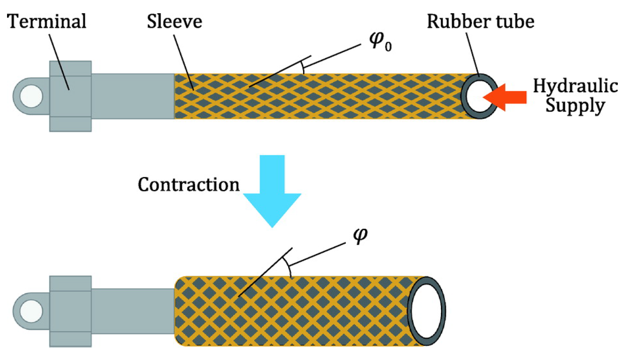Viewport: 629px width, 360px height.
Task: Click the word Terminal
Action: pos(46,22)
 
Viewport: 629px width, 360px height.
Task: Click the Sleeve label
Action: pos(174,22)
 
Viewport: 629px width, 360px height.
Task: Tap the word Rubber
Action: pos(454,22)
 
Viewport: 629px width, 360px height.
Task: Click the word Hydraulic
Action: pos(575,86)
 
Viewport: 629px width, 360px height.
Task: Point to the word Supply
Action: pos(575,106)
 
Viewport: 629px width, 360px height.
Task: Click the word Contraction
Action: pos(188,185)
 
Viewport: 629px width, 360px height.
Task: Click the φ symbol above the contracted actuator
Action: pos(360,235)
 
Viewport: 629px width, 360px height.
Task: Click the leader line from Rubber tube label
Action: pos(472,54)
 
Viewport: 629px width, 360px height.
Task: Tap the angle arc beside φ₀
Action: pos(303,67)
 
